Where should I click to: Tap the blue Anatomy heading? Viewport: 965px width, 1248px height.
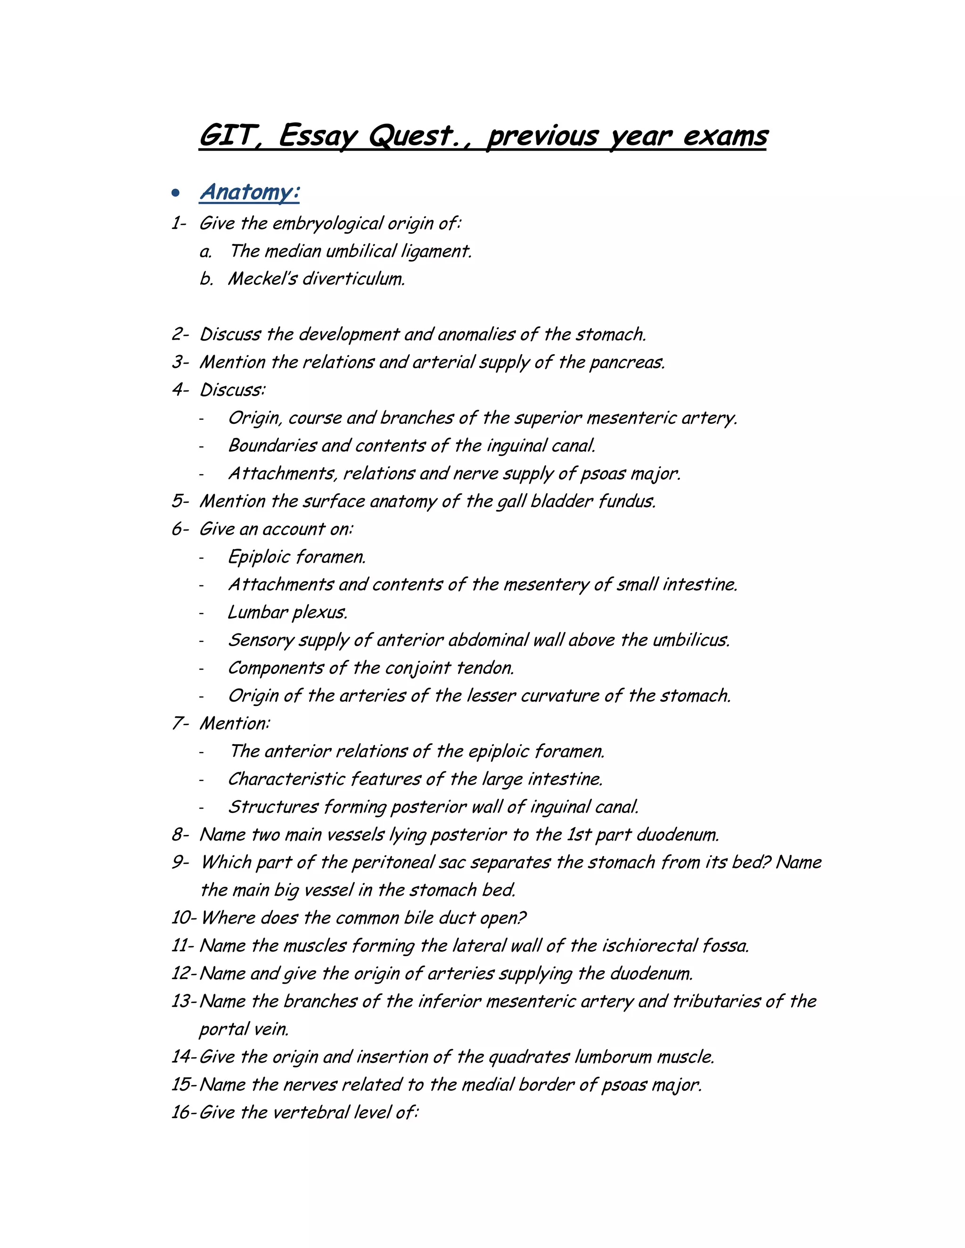tap(249, 192)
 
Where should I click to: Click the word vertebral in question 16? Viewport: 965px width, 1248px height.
tap(311, 1112)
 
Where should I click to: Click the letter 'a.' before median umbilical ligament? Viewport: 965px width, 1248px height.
tap(206, 251)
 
